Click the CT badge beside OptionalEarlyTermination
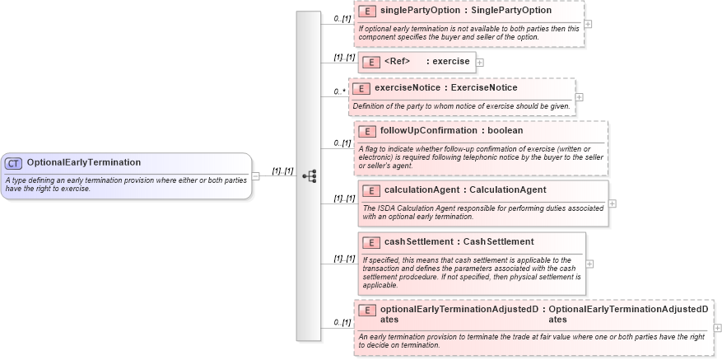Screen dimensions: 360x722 [14, 163]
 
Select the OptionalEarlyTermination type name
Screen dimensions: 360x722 [83, 163]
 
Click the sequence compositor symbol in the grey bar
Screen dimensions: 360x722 [309, 175]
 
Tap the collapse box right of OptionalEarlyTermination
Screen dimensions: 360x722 [256, 175]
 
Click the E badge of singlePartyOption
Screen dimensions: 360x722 [366, 12]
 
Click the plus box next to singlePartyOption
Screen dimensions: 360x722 [588, 24]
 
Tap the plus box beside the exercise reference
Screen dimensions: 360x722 [480, 62]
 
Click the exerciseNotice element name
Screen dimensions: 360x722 [409, 87]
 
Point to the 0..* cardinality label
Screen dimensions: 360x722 [339, 91]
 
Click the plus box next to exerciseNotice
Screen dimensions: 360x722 [580, 97]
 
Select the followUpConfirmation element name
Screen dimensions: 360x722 [428, 130]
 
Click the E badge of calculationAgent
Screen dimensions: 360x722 [370, 190]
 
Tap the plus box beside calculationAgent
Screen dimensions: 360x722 [613, 203]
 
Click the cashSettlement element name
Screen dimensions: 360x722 [418, 241]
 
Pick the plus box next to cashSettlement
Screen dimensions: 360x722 [589, 264]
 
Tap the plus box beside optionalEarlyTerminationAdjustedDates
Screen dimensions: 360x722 [716, 328]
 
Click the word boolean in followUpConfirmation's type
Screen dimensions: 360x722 [505, 130]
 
